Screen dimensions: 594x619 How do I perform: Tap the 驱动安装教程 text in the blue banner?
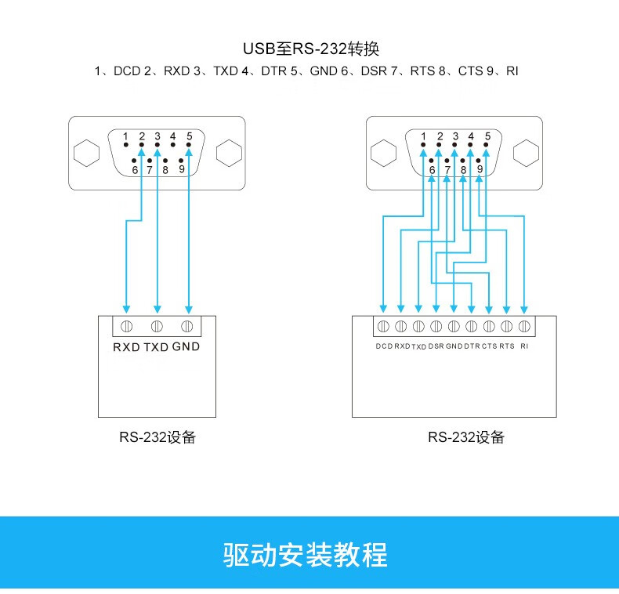[x=305, y=554]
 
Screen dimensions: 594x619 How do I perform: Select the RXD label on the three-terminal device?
[x=126, y=346]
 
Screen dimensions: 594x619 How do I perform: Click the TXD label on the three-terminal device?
[x=156, y=346]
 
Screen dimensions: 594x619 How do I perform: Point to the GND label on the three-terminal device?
[x=186, y=346]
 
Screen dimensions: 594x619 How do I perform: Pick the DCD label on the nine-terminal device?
[x=383, y=346]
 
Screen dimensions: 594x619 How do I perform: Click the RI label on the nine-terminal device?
[x=524, y=346]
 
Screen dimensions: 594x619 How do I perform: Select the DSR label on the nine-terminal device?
[x=436, y=346]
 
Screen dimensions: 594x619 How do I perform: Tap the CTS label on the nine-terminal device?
[x=490, y=346]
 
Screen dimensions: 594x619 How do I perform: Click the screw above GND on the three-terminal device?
[x=186, y=326]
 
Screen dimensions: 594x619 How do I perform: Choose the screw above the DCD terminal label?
[x=383, y=326]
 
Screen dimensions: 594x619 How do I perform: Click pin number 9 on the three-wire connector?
[x=181, y=167]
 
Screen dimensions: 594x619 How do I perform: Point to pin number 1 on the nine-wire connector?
[x=424, y=137]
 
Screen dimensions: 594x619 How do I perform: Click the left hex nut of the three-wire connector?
[x=88, y=153]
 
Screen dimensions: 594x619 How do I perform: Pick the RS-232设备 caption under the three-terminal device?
[x=157, y=437]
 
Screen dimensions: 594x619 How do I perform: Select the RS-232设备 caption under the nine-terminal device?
[x=465, y=437]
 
